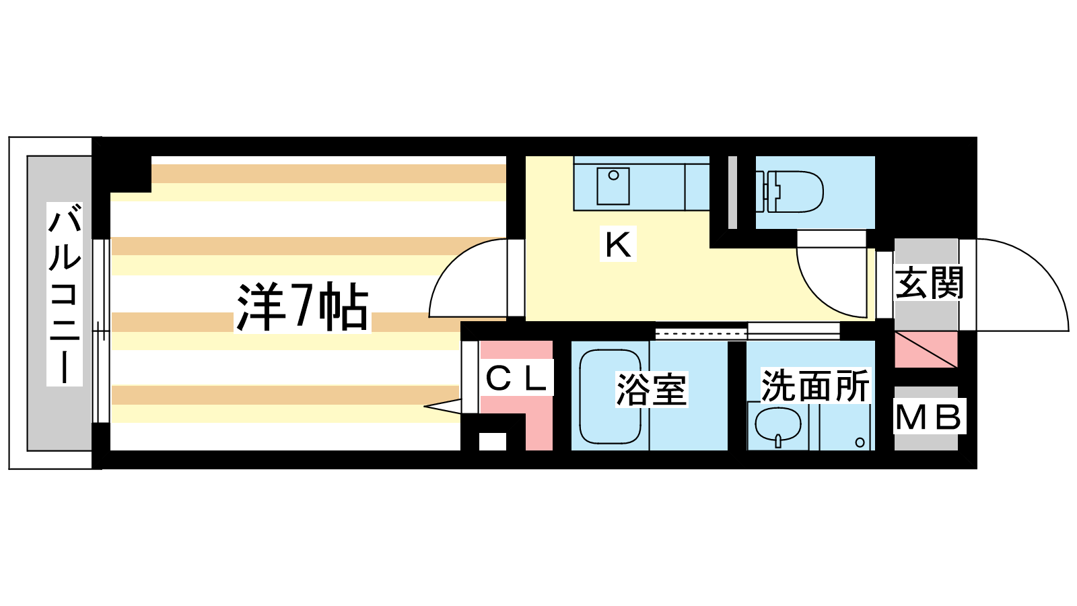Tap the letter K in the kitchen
pos(617,245)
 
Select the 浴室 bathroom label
pos(651,390)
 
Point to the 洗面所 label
pos(815,386)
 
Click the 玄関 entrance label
pos(930,283)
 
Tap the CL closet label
pos(516,379)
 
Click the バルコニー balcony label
pos(65,294)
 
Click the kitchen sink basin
pos(613,186)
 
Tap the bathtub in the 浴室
pos(610,396)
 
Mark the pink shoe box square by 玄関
pos(926,349)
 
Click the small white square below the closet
pos(492,442)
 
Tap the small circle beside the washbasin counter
pos(860,442)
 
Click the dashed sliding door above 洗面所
pos(701,333)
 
